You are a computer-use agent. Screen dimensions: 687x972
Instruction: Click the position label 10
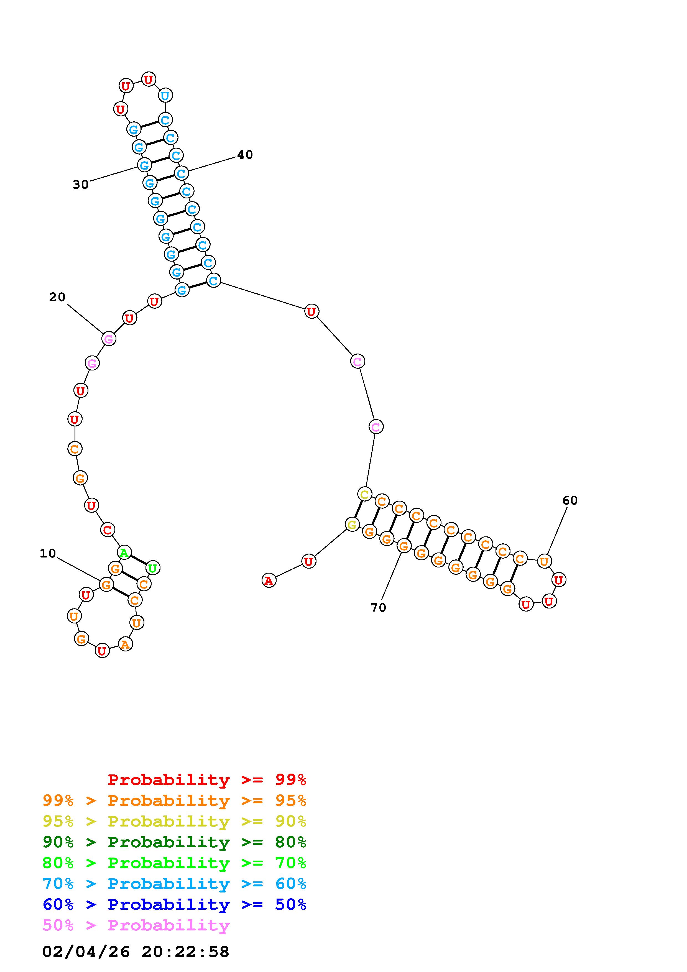click(48, 553)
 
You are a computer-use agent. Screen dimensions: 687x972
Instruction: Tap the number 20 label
click(57, 297)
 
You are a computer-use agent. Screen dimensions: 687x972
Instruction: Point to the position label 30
click(80, 185)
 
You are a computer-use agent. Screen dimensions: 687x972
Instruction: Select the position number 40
click(245, 155)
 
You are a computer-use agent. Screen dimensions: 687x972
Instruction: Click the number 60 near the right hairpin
click(570, 500)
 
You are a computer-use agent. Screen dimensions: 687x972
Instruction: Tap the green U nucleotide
click(153, 568)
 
